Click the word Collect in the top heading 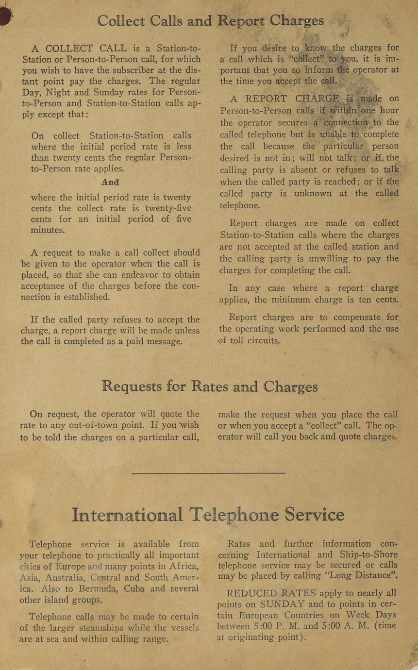pos(120,21)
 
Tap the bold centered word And pos(110,183)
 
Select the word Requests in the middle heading pos(132,386)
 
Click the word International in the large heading pos(128,515)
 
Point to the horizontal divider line pos(208,472)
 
